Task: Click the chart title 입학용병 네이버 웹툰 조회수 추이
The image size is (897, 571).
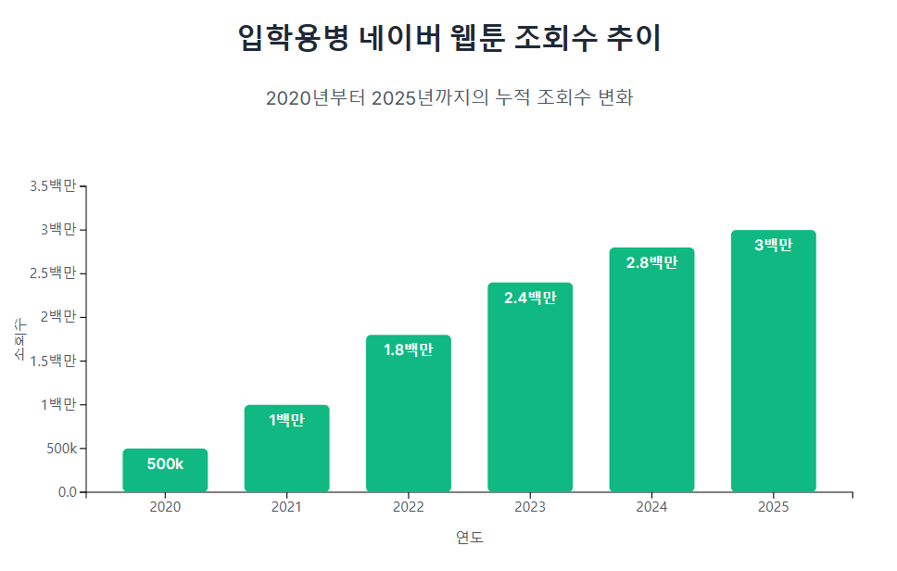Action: [448, 39]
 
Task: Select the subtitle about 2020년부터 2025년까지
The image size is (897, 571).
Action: [448, 98]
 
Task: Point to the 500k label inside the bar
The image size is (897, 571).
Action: [165, 463]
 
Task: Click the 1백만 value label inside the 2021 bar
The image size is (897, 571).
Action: [286, 420]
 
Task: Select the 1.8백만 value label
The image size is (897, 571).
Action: [409, 349]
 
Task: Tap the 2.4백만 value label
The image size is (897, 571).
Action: [530, 298]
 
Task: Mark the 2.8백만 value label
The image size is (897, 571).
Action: [651, 262]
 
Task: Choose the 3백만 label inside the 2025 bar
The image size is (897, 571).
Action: [774, 245]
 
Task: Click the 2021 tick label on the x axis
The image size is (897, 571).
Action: [286, 507]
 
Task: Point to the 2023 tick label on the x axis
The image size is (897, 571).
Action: [530, 507]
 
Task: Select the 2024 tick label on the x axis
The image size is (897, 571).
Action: [651, 507]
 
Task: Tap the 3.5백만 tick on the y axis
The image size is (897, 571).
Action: [53, 185]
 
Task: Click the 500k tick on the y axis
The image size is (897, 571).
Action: [61, 449]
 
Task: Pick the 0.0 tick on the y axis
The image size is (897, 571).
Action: [67, 492]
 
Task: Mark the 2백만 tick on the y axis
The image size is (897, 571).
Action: [57, 317]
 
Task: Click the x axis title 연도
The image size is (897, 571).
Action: [469, 538]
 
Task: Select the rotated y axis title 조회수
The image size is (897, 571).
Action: [20, 339]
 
